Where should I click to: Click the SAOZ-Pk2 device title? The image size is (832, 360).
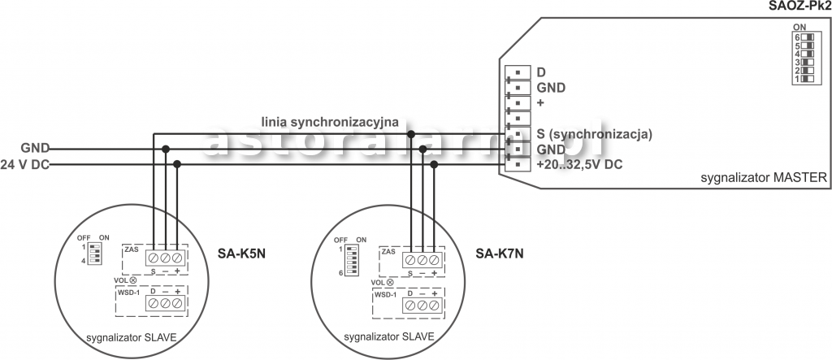(799, 7)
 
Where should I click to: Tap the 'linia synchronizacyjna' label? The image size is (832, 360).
(329, 122)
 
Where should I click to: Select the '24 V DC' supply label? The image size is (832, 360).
(25, 164)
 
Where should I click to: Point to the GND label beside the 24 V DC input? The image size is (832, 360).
(35, 149)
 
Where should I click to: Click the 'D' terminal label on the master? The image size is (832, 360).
(541, 72)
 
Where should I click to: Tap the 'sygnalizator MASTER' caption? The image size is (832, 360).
(763, 177)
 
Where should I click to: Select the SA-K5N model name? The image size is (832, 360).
(243, 252)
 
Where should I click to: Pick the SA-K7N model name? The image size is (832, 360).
(500, 252)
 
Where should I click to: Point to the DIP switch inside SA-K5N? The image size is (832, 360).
(96, 251)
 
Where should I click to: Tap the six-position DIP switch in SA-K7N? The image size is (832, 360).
(352, 259)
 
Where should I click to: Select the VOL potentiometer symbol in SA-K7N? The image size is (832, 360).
(391, 282)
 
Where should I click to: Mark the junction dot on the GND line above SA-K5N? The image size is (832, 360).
(166, 149)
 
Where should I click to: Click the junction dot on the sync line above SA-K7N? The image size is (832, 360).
(412, 134)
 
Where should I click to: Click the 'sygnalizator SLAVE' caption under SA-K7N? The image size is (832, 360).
(388, 336)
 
